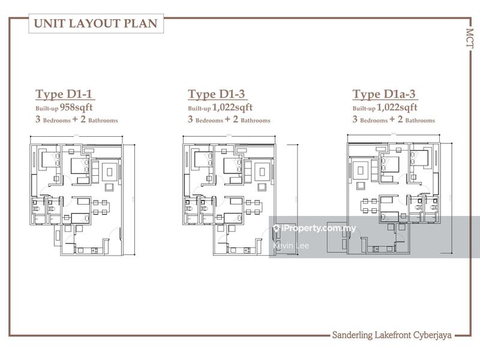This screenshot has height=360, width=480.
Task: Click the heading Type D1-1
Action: pyautogui.click(x=64, y=94)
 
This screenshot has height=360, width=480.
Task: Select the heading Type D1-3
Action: pyautogui.click(x=217, y=94)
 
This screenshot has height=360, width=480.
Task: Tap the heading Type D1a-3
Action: pyautogui.click(x=384, y=94)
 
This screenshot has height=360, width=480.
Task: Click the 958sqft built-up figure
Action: pyautogui.click(x=76, y=107)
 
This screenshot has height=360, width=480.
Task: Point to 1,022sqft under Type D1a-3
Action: pyautogui.click(x=397, y=107)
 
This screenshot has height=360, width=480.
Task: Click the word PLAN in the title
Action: pyautogui.click(x=140, y=23)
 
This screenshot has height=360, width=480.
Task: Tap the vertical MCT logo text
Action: pyautogui.click(x=470, y=38)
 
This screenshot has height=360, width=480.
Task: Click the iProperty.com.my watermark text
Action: pyautogui.click(x=319, y=229)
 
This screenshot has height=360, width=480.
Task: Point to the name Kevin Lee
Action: pyautogui.click(x=291, y=245)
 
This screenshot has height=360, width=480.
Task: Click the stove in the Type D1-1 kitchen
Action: pyautogui.click(x=94, y=251)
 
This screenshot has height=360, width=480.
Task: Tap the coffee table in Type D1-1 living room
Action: pyautogui.click(x=109, y=172)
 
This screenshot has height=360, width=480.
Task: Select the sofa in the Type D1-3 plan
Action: pyautogui.click(x=248, y=172)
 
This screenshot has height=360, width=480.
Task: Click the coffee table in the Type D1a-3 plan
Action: pyautogui.click(x=361, y=170)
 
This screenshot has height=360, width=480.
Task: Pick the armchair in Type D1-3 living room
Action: pyautogui.click(x=262, y=187)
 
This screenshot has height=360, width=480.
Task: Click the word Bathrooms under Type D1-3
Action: pyautogui.click(x=256, y=121)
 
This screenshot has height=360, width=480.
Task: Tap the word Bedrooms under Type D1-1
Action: pyautogui.click(x=57, y=121)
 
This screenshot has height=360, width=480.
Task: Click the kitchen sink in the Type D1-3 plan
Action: pyautogui.click(x=233, y=251)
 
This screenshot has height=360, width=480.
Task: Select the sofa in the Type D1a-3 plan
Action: pyautogui.click(x=374, y=170)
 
